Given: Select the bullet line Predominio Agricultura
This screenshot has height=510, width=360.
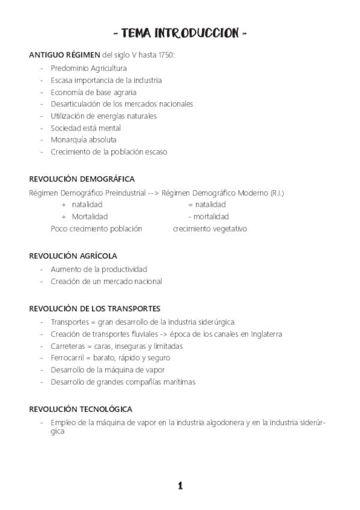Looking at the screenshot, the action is tap(88, 68).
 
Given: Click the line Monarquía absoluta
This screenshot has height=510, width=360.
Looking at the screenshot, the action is tap(84, 140).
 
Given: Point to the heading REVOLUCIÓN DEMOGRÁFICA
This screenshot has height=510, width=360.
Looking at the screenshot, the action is tap(82, 179).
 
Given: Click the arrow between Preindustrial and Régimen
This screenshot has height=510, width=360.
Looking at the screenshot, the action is tap(153, 192).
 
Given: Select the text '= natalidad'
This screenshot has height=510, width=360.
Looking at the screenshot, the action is tap(207, 204).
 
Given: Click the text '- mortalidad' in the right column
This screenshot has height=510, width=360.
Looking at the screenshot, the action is tap(208, 217).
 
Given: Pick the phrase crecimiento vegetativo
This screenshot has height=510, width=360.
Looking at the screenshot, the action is tap(210, 229).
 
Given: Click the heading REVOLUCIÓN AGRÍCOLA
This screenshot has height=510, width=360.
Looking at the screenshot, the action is tap(73, 256).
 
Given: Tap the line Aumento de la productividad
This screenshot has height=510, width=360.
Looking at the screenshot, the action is tap(99, 269).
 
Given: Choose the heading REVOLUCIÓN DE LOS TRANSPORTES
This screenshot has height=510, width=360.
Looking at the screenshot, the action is tap(95, 309).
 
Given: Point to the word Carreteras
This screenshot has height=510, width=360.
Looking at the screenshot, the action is tap(69, 346).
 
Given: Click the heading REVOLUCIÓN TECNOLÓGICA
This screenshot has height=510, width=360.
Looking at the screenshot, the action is tap(81, 409).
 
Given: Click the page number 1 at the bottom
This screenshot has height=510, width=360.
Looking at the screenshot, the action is tap(180, 485).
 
